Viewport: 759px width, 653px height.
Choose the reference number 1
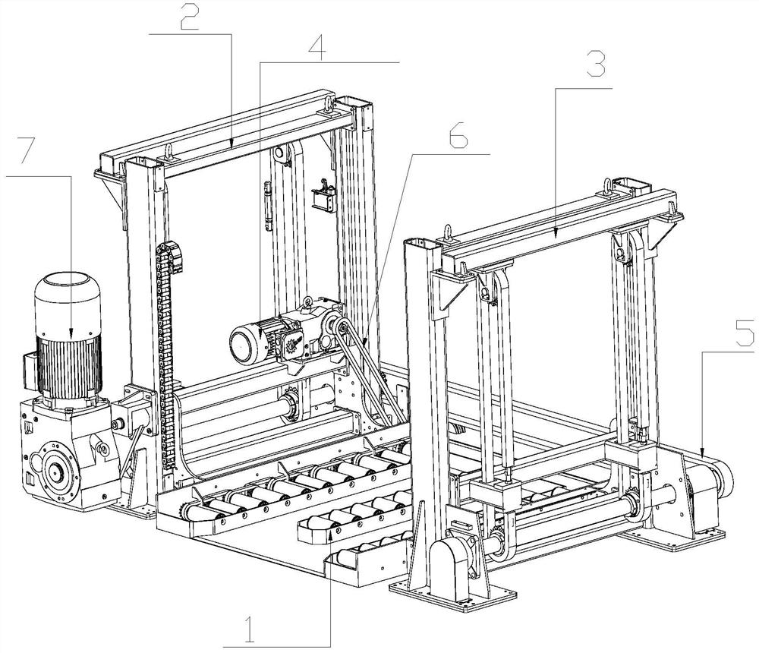(x=250, y=631)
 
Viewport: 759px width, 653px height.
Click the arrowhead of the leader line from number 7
(x=71, y=335)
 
